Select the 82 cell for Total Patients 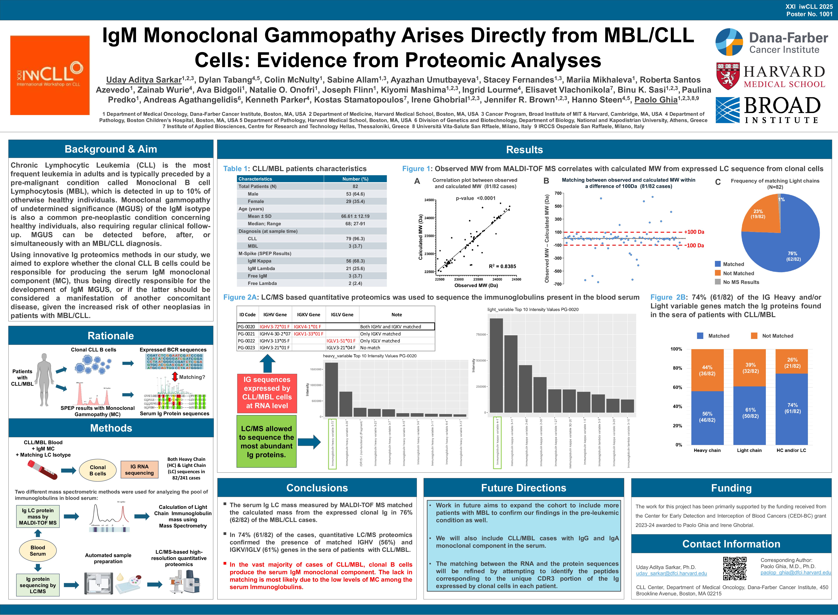tap(355, 187)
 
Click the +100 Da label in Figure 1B tap(694, 232)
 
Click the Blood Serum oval tap(38, 551)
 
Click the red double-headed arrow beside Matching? tap(175, 377)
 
